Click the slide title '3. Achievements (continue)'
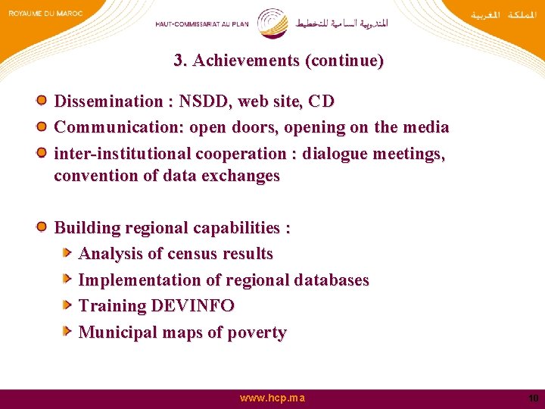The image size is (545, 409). (x=279, y=61)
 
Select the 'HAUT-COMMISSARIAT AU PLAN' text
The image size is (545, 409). (x=202, y=23)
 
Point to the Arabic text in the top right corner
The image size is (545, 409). (x=501, y=14)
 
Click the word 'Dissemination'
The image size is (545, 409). (x=108, y=101)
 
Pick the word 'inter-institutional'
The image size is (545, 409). (x=123, y=154)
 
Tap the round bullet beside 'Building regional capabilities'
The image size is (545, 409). (x=43, y=226)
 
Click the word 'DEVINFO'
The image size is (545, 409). (x=192, y=306)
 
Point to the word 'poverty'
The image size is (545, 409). (x=258, y=333)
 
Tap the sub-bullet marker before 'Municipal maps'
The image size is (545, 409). (x=67, y=331)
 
